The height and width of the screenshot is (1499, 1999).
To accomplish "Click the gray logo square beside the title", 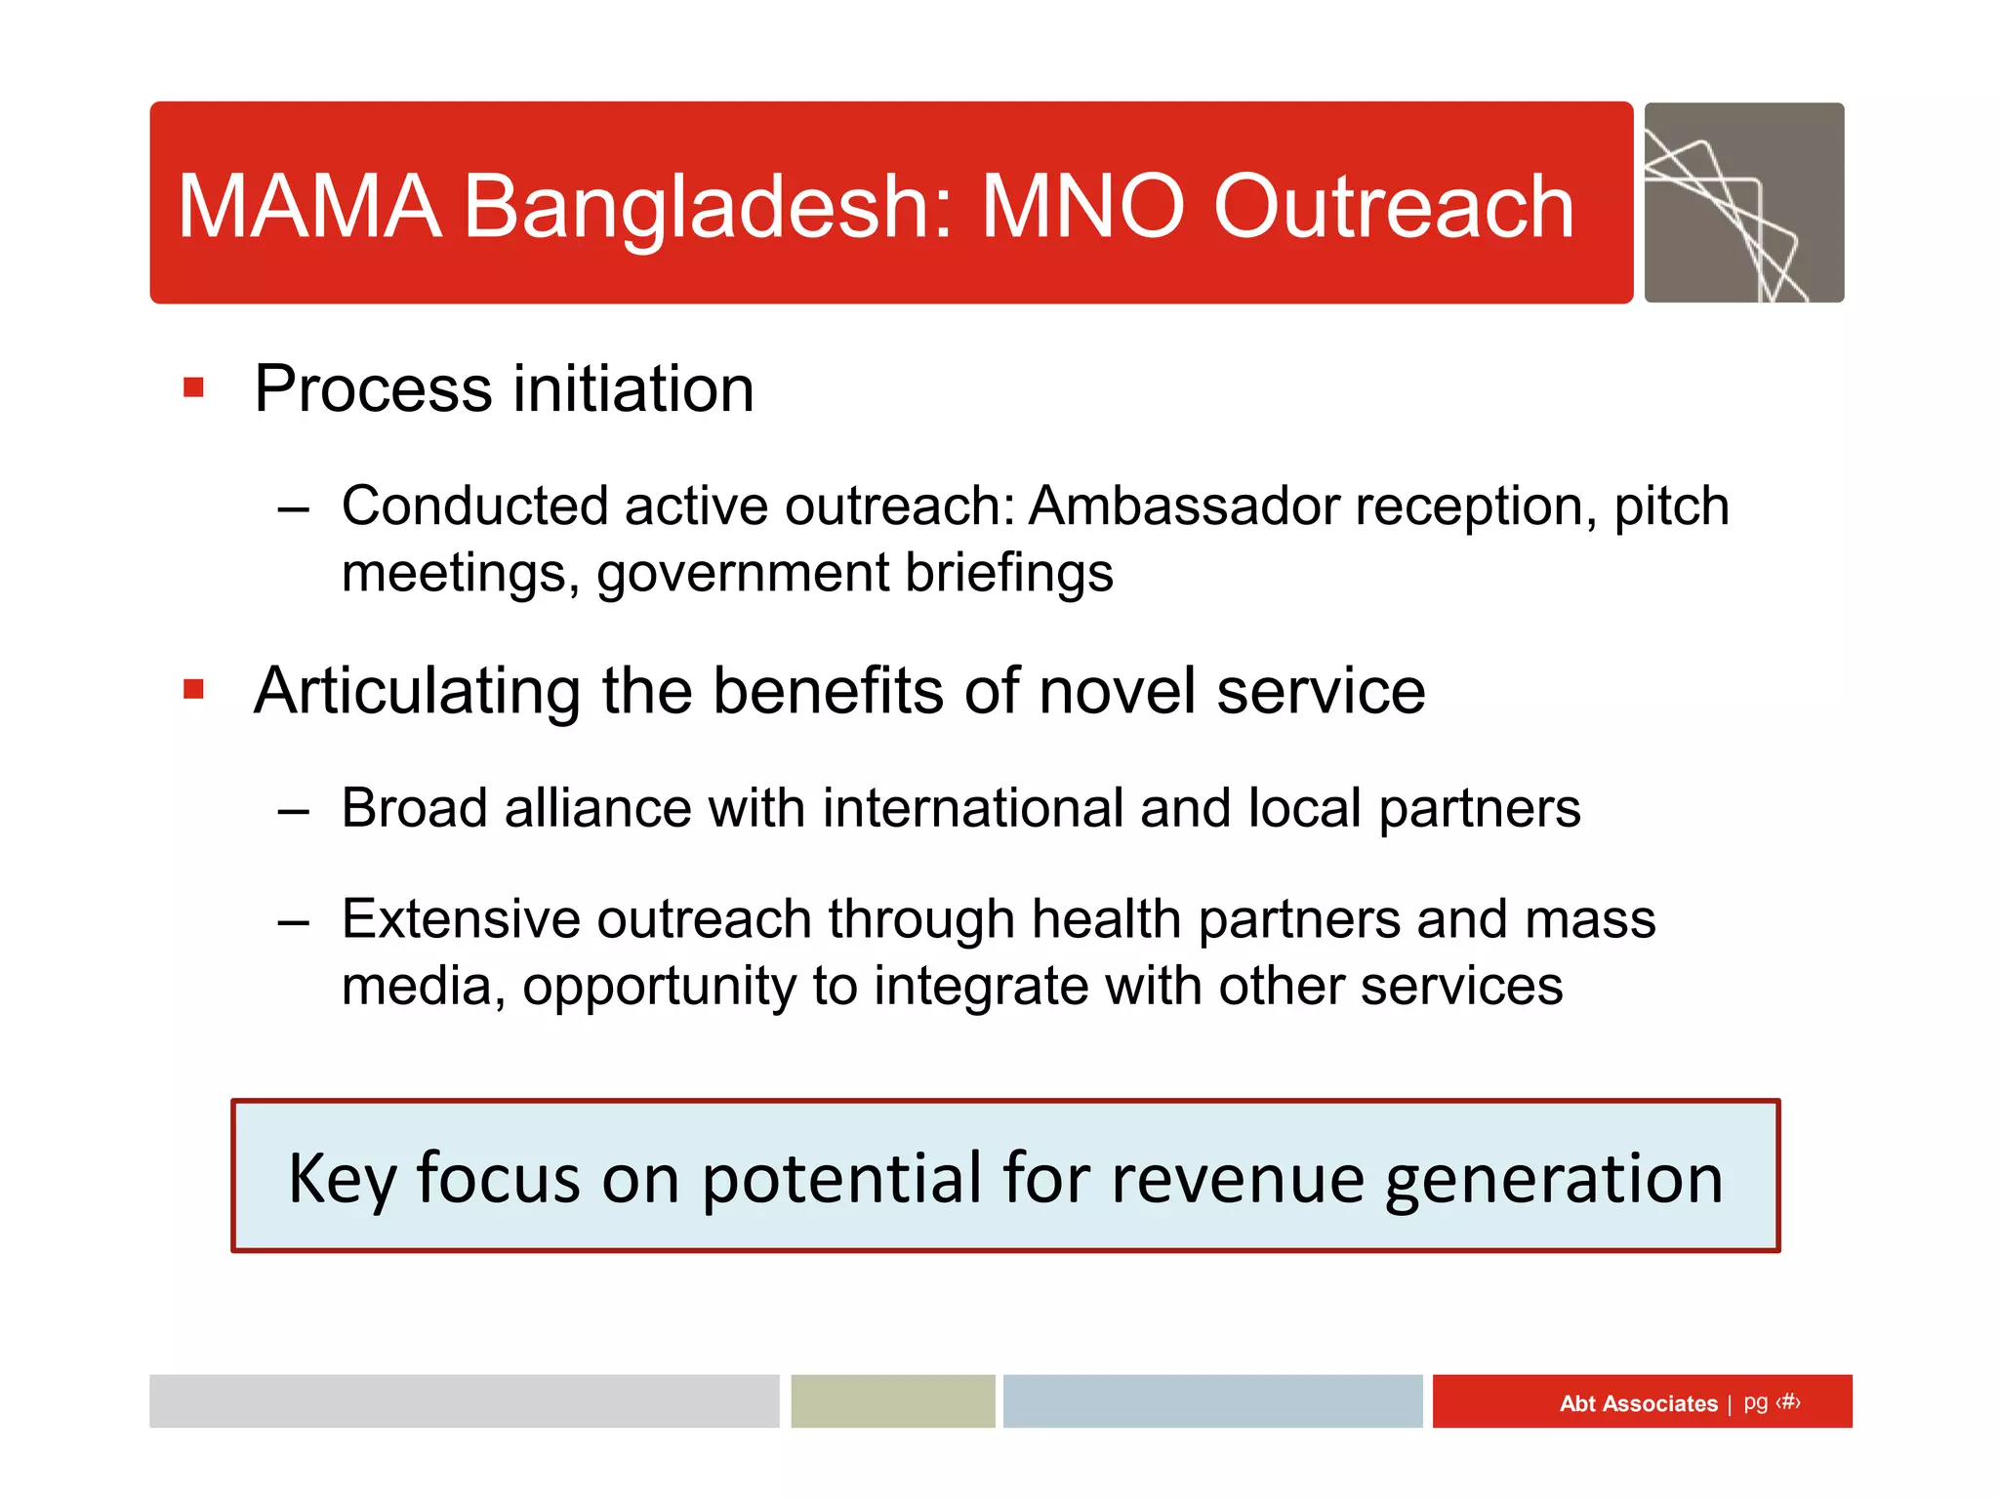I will [x=1743, y=202].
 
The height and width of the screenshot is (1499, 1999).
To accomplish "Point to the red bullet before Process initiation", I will [x=193, y=388].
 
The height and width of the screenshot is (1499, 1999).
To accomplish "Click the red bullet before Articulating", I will [x=193, y=690].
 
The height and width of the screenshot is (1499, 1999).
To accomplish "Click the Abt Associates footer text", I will [x=1638, y=1403].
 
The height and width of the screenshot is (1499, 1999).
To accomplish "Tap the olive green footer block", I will [x=892, y=1401].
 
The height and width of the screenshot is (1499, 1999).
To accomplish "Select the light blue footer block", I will [x=1212, y=1401].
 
